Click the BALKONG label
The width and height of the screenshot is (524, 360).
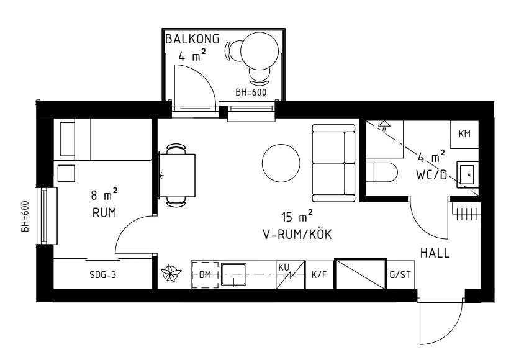(x=192, y=38)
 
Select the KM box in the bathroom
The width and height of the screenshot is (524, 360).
(x=464, y=134)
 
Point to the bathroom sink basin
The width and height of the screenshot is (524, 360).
(x=468, y=174)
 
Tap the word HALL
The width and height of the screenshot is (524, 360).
(x=435, y=253)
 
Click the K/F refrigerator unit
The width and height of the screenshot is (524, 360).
(x=320, y=274)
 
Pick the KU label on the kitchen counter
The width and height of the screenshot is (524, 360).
(x=284, y=266)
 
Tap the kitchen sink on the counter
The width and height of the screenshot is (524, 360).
(x=233, y=274)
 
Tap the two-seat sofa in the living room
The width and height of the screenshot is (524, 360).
(x=334, y=163)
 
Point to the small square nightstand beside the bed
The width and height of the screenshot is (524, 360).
(x=66, y=173)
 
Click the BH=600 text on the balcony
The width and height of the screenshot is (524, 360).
(x=251, y=92)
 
